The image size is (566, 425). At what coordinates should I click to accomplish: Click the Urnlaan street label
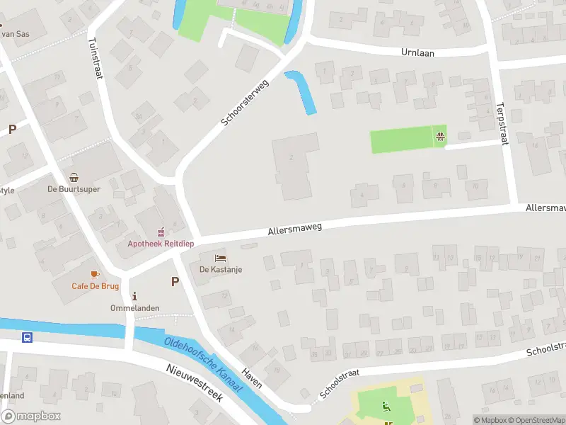click(x=417, y=52)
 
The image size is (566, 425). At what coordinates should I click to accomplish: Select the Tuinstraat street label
click(x=94, y=61)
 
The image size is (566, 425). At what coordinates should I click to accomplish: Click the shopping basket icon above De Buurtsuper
click(x=74, y=177)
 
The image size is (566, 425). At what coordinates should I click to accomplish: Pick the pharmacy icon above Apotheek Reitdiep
click(x=161, y=231)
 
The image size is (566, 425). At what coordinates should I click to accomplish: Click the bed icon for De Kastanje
click(x=221, y=258)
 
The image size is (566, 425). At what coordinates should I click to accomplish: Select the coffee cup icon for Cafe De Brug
click(x=94, y=274)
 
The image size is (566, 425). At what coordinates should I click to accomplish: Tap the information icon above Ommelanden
click(x=134, y=295)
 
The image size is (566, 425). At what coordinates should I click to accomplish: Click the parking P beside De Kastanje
click(x=175, y=281)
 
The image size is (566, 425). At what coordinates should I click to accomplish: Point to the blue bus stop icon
click(x=28, y=337)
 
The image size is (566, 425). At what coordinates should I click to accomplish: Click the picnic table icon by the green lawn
click(x=441, y=136)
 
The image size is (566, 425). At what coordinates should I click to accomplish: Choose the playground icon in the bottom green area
click(x=386, y=407)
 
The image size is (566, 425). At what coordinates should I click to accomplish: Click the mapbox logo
click(x=31, y=416)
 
